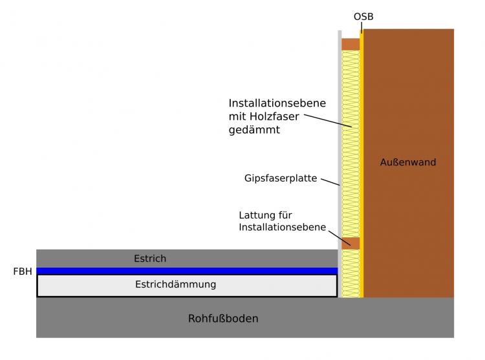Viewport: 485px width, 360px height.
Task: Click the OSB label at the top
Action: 363,16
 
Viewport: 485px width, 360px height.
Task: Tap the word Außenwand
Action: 408,162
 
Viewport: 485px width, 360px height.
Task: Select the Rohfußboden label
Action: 223,319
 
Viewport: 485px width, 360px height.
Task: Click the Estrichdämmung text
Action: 175,284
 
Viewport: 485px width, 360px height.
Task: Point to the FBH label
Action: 22,271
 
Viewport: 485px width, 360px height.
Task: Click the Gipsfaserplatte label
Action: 281,178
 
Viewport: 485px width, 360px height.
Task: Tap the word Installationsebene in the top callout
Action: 277,103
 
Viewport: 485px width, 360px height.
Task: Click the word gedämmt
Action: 253,130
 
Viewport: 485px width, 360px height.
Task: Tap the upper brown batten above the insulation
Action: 350,44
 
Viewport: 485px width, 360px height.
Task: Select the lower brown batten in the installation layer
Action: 350,242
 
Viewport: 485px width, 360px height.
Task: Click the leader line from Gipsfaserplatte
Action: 330,182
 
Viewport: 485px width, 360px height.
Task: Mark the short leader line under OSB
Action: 361,28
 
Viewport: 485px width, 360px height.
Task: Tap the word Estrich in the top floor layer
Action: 150,259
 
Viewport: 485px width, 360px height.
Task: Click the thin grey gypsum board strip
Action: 339,142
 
